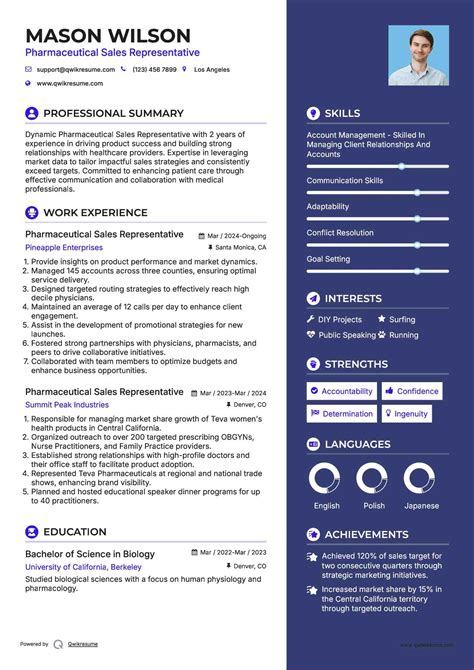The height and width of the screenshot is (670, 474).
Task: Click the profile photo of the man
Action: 419,55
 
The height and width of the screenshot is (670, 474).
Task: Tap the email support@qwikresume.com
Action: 76,70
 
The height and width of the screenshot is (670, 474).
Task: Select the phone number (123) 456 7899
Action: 154,70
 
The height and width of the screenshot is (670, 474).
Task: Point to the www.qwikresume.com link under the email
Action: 72,84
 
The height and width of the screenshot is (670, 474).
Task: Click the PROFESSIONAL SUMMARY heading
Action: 113,114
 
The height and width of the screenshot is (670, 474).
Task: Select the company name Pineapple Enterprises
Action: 64,247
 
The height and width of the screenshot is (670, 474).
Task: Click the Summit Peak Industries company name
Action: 67,405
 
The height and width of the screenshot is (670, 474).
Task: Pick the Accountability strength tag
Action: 342,391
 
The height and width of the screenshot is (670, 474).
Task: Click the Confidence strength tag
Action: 412,391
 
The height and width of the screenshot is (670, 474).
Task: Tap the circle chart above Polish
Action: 373,479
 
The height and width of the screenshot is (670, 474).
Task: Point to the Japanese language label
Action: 421,506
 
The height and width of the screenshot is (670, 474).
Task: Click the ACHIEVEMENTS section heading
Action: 366,535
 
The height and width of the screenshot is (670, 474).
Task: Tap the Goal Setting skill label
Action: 328,259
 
